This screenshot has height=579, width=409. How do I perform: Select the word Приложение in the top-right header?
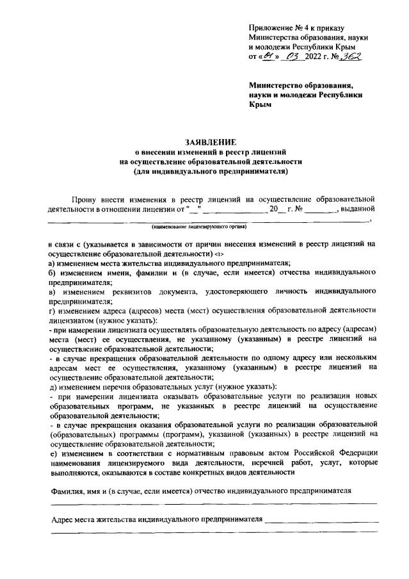click(269, 29)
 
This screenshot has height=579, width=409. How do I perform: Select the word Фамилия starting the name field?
click(68, 490)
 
